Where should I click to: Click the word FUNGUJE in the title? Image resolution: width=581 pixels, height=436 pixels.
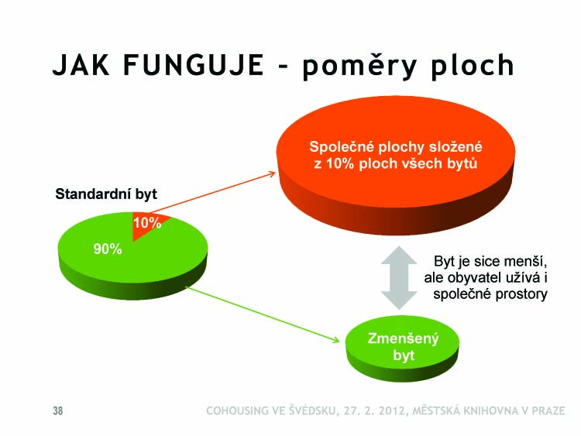coord(194,65)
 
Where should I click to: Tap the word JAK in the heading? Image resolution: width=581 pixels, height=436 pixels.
coord(81,65)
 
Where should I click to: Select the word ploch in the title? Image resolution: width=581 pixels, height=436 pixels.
coord(473,67)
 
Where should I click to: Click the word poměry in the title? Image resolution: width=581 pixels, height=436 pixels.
coord(358,65)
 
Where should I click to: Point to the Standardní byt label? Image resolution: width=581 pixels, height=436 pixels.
coord(106,194)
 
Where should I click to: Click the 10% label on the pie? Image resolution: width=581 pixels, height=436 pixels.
coord(147,223)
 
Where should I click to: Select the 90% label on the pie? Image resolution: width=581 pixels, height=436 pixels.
coord(108,249)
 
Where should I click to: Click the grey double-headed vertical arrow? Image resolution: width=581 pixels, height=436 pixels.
coord(399,278)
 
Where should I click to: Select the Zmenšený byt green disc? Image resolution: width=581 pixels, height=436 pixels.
coord(402,349)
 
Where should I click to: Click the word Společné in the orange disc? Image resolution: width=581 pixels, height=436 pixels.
coord(342,147)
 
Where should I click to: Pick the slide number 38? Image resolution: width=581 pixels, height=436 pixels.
coord(58,410)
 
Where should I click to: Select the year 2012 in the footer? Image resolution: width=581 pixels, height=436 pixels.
coord(393,410)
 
